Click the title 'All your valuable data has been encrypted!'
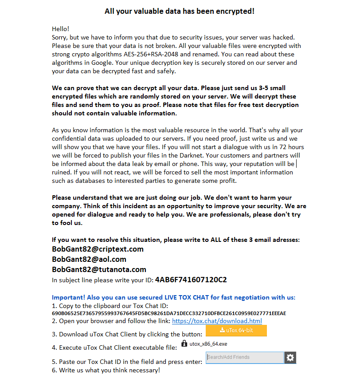[x=180, y=11]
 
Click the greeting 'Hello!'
[x=61, y=29]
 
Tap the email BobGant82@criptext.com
[x=98, y=249]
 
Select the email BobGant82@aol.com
[x=89, y=259]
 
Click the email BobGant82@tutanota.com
[x=99, y=269]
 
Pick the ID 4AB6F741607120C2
[x=191, y=280]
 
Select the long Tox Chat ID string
[x=169, y=313]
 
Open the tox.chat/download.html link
[x=217, y=321]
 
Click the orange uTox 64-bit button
[x=236, y=331]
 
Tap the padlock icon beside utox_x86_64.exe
[x=184, y=344]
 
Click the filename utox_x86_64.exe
[x=208, y=344]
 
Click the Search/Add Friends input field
[x=245, y=357]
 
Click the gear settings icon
[x=290, y=357]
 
